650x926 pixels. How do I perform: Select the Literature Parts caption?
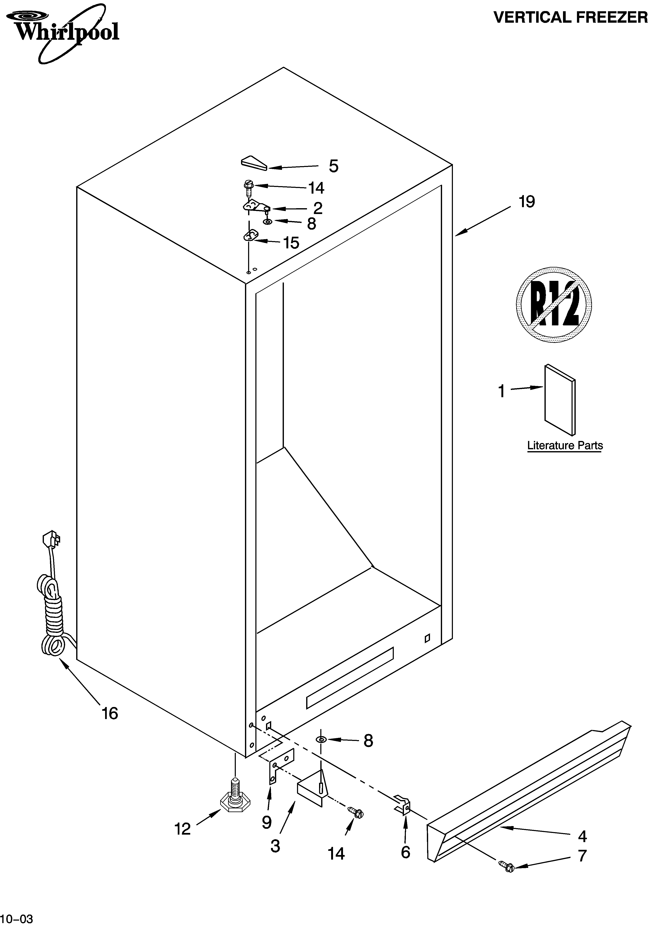click(564, 446)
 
